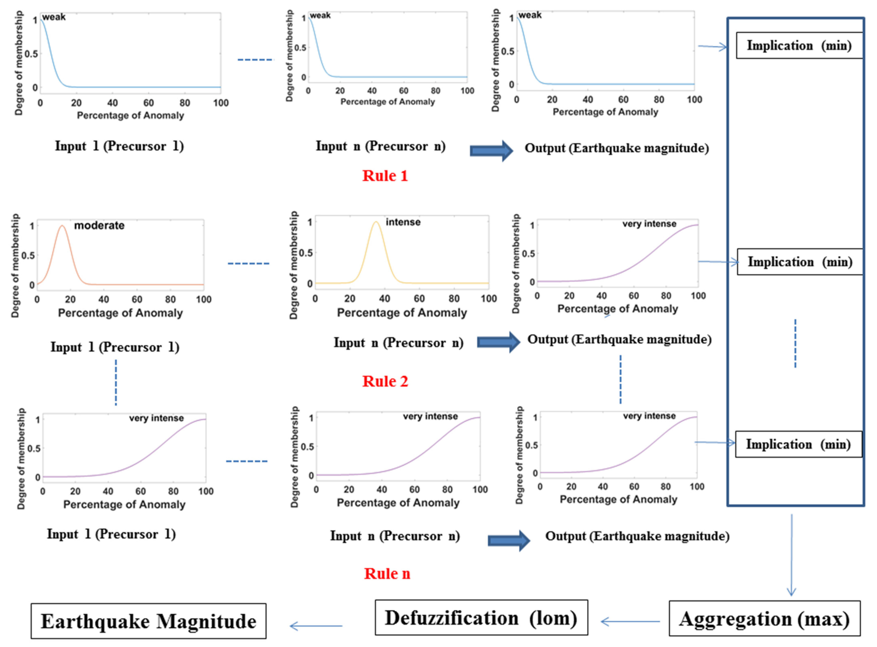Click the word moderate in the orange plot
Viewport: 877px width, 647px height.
point(99,226)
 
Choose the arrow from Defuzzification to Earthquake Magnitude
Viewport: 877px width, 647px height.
point(316,626)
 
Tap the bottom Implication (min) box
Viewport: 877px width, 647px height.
point(798,444)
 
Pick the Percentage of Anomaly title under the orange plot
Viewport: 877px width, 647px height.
point(120,313)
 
